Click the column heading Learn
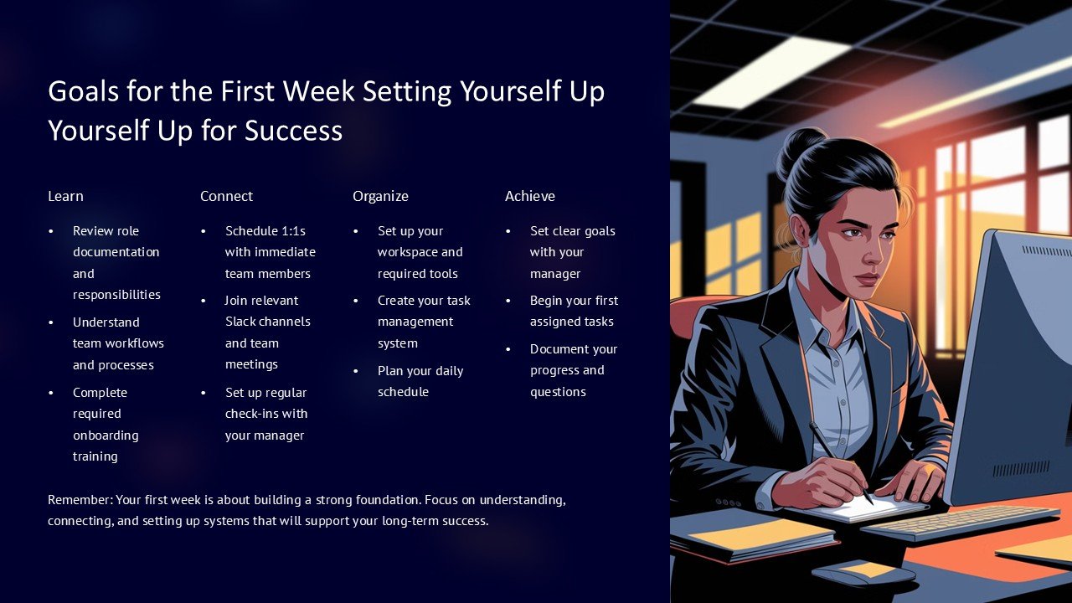[65, 196]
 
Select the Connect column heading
[226, 196]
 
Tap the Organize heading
[380, 196]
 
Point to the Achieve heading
[530, 196]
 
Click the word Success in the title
[293, 130]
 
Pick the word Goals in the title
[83, 91]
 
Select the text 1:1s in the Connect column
[293, 230]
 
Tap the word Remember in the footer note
[80, 500]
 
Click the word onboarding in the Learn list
[106, 435]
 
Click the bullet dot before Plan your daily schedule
[356, 371]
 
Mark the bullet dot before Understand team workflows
[51, 322]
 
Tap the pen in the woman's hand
[840, 461]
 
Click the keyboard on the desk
[960, 522]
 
